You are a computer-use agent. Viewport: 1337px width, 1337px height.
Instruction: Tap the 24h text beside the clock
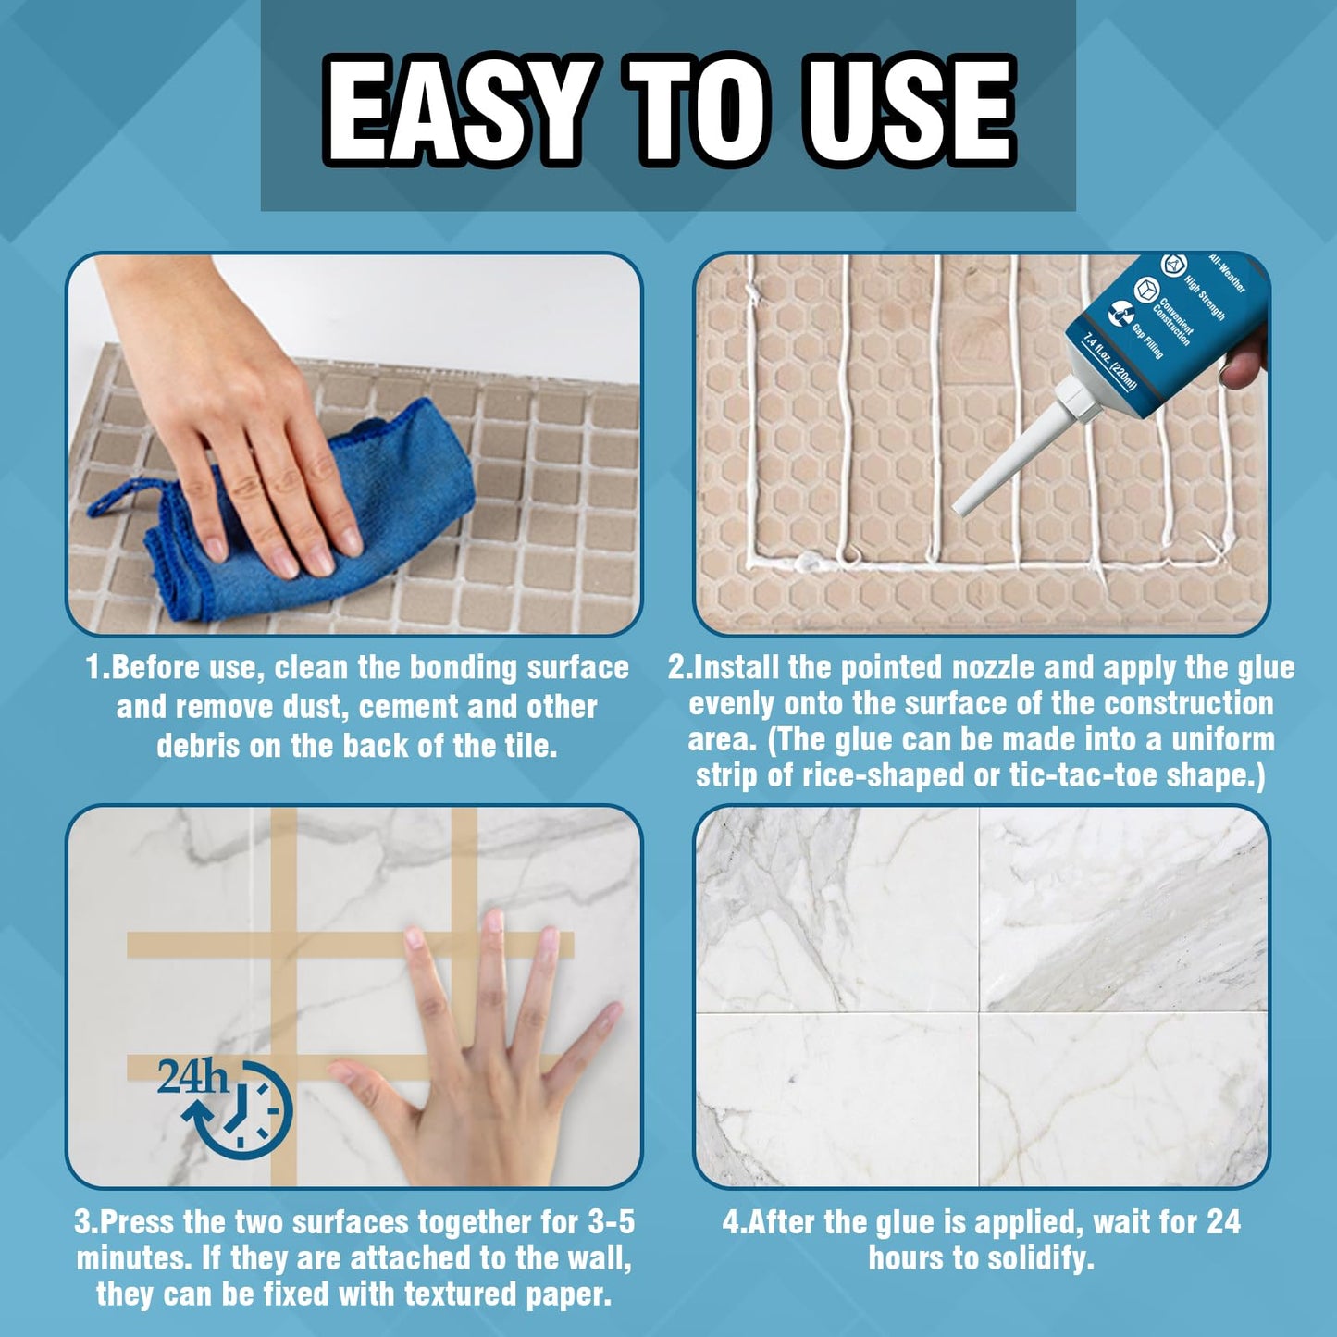(x=192, y=1076)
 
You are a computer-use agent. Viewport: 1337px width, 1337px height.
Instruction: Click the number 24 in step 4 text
(x=1223, y=1222)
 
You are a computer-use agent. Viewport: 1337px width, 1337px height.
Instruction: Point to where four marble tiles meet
(x=979, y=1012)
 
